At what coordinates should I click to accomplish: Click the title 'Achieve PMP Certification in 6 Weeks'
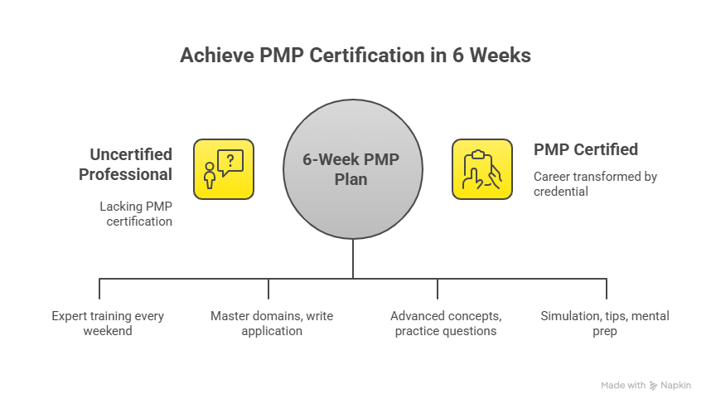pyautogui.click(x=355, y=56)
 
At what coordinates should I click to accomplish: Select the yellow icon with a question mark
pyautogui.click(x=224, y=169)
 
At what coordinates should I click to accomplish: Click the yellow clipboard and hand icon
pyautogui.click(x=481, y=169)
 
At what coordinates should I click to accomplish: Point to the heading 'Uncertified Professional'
pyautogui.click(x=131, y=164)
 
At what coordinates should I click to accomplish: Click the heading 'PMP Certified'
pyautogui.click(x=586, y=150)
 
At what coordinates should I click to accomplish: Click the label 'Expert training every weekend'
pyautogui.click(x=108, y=324)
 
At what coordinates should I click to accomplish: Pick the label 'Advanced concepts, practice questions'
pyautogui.click(x=445, y=324)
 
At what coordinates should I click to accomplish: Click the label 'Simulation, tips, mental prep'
pyautogui.click(x=605, y=324)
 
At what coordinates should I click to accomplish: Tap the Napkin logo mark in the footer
pyautogui.click(x=654, y=386)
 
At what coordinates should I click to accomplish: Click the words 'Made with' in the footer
pyautogui.click(x=623, y=386)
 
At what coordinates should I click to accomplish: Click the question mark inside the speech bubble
pyautogui.click(x=230, y=158)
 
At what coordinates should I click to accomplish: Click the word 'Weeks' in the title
pyautogui.click(x=502, y=56)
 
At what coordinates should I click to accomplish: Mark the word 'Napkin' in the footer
pyautogui.click(x=676, y=386)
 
